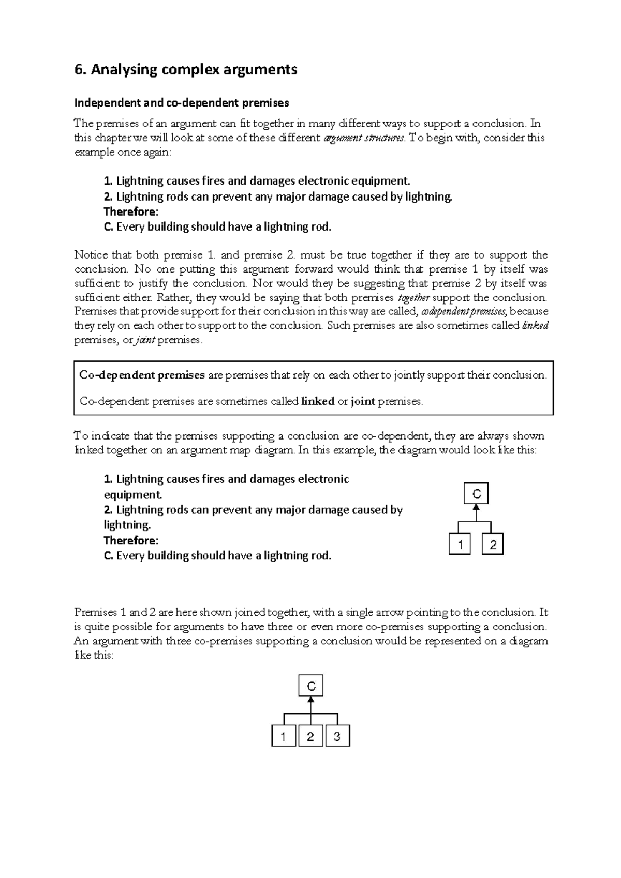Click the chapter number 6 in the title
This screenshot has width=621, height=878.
pos(79,69)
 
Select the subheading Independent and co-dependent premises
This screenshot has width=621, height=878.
pos(182,103)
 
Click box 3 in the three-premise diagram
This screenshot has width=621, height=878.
pos(337,736)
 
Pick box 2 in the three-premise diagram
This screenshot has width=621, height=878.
pos(310,736)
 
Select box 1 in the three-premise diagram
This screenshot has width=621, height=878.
pos(284,736)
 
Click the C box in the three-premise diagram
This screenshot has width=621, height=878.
pos(310,686)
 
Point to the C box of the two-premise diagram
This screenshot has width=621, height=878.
pos(477,494)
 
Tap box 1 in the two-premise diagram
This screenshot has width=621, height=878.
pos(460,544)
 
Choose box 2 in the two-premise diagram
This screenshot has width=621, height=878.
pos(493,544)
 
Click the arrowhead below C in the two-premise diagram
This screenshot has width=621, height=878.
pos(477,508)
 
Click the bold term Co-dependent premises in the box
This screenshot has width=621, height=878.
pos(142,375)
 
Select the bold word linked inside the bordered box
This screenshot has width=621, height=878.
pos(318,401)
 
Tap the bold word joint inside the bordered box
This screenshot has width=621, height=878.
pos(363,401)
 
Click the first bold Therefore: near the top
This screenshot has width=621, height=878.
pos(131,211)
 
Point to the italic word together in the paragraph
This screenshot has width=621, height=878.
pos(413,298)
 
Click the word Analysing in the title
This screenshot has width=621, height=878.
pos(123,69)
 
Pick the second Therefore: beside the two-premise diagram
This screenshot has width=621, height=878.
pos(131,540)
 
